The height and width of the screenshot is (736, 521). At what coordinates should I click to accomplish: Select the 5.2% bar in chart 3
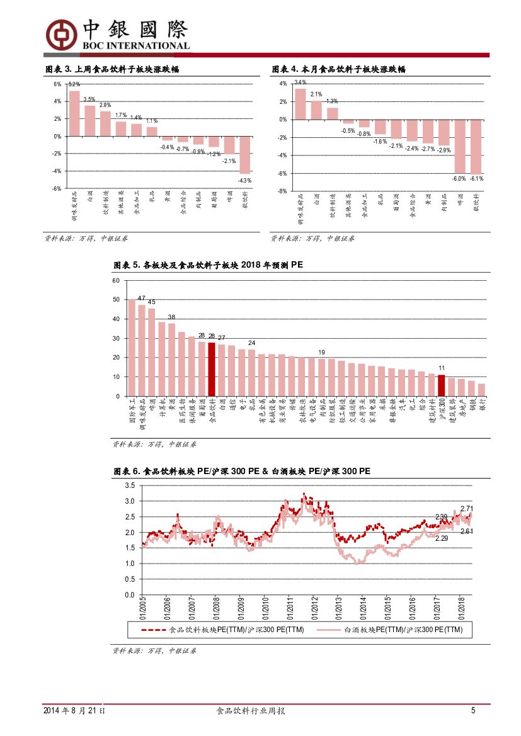pyautogui.click(x=74, y=113)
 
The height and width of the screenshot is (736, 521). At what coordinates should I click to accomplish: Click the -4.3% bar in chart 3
pyautogui.click(x=244, y=155)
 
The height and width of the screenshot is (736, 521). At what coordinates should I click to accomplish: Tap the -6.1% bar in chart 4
pyautogui.click(x=476, y=147)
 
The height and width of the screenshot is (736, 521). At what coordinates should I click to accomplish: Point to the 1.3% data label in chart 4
pyautogui.click(x=332, y=101)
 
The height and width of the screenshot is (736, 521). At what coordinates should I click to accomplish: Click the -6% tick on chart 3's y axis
pyautogui.click(x=57, y=188)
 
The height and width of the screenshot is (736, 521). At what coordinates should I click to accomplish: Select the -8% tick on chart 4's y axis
pyautogui.click(x=283, y=191)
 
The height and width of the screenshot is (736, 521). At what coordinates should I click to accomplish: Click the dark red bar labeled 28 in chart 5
pyautogui.click(x=212, y=369)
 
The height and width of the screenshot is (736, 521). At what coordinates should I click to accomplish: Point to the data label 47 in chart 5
pyautogui.click(x=141, y=298)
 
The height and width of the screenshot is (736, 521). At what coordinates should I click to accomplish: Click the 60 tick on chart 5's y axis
pyautogui.click(x=115, y=280)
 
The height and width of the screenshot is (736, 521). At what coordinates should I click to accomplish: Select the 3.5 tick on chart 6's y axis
pyautogui.click(x=129, y=485)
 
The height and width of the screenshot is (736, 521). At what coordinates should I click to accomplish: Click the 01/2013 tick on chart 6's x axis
pyautogui.click(x=337, y=607)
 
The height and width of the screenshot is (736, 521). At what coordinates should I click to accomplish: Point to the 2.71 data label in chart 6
pyautogui.click(x=467, y=508)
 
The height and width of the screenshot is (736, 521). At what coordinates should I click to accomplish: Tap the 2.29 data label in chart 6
pyautogui.click(x=442, y=538)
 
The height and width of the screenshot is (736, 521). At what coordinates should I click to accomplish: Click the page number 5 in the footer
pyautogui.click(x=473, y=711)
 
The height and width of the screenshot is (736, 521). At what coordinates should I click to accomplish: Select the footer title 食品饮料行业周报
pyautogui.click(x=251, y=711)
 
